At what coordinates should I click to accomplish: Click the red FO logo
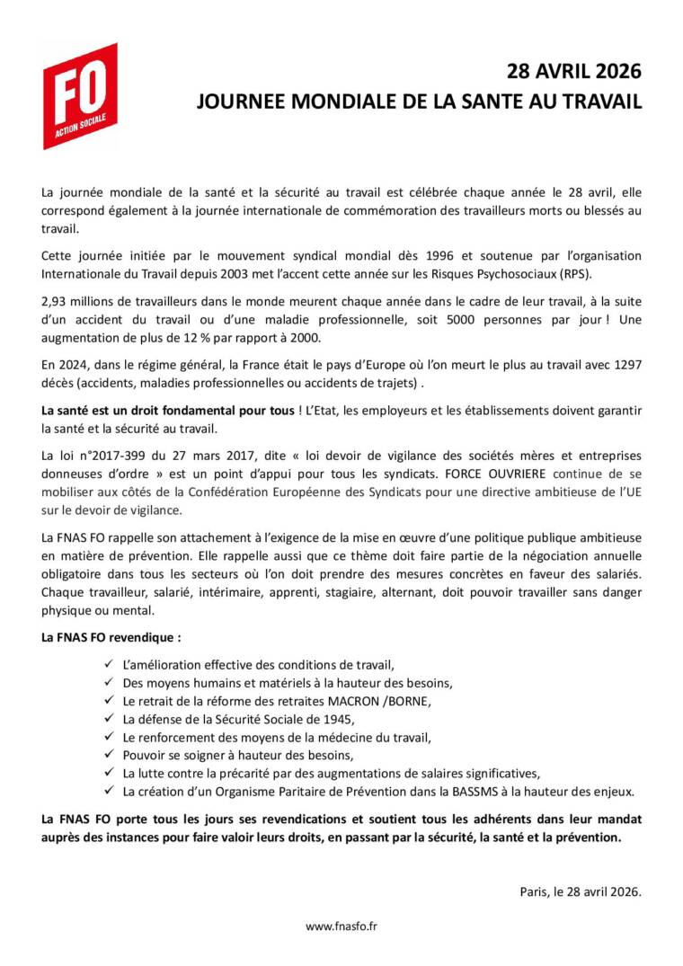80,95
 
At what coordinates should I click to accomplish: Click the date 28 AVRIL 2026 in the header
574,72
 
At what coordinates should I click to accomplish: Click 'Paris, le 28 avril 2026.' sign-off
580,891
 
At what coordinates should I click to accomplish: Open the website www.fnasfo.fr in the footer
341,926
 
